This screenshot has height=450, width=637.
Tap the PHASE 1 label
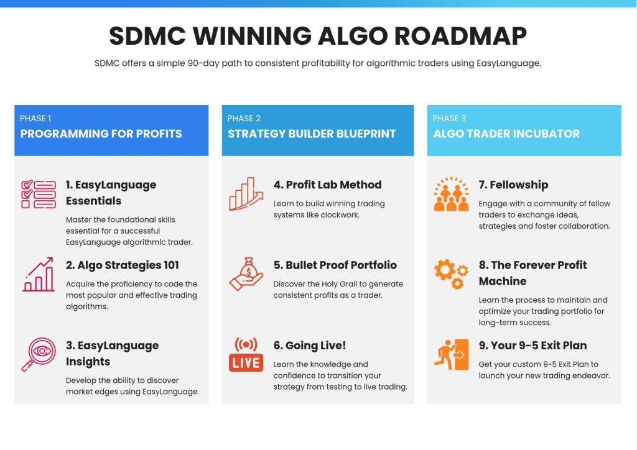point(35,119)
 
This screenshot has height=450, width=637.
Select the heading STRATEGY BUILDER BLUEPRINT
point(312,134)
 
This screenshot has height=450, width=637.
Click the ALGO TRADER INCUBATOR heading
point(506,134)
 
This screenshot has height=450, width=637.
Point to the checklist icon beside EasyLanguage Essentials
point(39,195)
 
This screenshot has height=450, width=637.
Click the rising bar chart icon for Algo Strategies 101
point(39,274)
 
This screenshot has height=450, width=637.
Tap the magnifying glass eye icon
point(39,354)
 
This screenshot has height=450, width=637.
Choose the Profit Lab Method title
point(327,185)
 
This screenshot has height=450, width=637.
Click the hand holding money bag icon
point(246,274)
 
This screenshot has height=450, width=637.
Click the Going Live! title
point(310,346)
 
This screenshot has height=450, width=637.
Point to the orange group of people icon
point(452,194)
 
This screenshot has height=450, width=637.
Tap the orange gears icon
point(452,274)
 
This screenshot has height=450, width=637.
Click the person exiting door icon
point(452,355)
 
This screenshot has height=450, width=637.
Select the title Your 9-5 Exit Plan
point(532,346)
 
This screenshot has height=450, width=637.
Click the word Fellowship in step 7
point(519,185)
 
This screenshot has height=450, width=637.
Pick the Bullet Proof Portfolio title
point(335,265)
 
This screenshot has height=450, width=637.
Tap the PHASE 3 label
point(449,119)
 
